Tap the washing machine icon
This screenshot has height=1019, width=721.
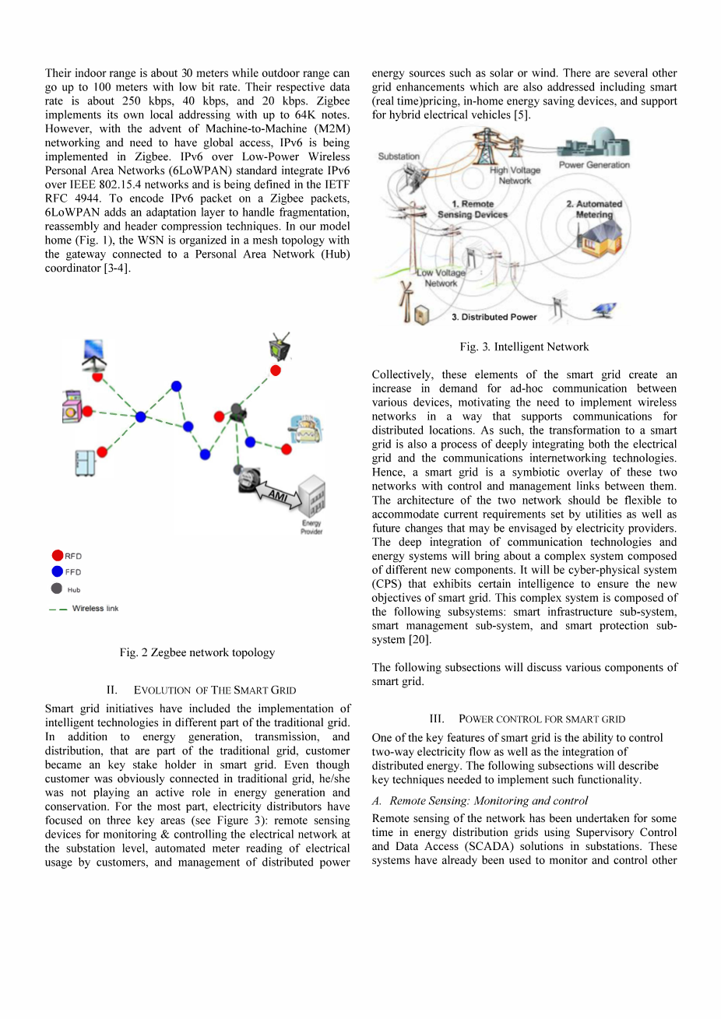[72, 406]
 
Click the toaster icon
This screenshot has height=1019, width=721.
[301, 427]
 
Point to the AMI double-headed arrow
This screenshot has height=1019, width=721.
[277, 496]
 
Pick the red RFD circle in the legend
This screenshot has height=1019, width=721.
[57, 555]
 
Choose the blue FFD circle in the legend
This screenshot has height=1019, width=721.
[57, 571]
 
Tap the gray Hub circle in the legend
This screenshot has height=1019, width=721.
[57, 589]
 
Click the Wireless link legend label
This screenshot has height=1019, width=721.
[95, 608]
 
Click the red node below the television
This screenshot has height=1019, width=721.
[276, 371]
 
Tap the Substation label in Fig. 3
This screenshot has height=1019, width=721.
[399, 156]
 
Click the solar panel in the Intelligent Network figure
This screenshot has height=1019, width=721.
[603, 309]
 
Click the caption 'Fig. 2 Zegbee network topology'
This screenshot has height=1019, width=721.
[197, 652]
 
